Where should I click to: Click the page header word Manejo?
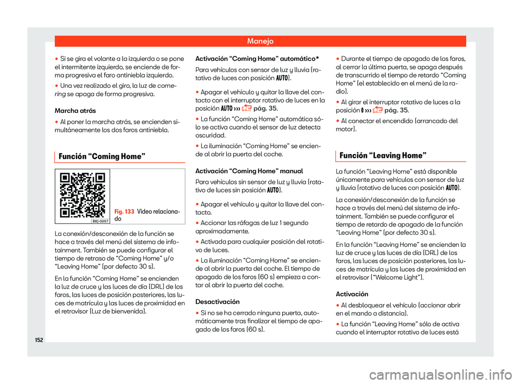point(260,41)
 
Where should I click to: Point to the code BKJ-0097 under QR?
point(99,221)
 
